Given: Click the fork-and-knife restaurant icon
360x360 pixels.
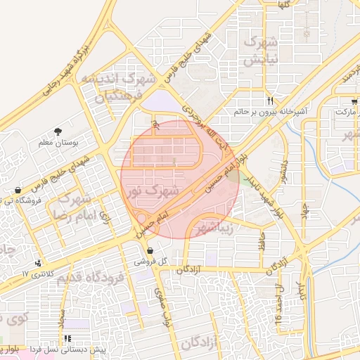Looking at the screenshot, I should [x=270, y=101].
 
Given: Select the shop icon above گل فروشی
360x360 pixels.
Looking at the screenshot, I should [x=150, y=251].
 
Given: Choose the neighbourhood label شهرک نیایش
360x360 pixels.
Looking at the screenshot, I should [x=260, y=51].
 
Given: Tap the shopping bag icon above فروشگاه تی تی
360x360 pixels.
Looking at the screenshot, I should [x=17, y=190].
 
